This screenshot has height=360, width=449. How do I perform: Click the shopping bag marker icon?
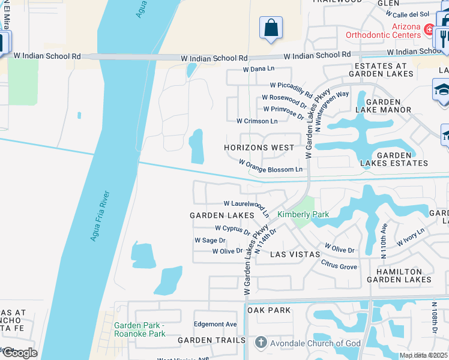click(x=271, y=28)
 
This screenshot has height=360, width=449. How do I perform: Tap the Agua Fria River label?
click(x=100, y=216)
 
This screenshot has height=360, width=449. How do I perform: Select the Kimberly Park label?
click(x=303, y=214)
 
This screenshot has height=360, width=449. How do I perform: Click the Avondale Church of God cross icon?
click(x=260, y=343)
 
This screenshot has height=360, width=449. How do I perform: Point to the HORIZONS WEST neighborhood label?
click(x=259, y=148)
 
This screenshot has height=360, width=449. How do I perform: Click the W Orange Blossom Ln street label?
click(x=271, y=166)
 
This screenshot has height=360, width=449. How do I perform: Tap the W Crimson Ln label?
click(x=257, y=121)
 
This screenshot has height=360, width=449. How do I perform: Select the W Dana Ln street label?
click(x=258, y=70)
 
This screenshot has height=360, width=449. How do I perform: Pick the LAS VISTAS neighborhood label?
click(x=295, y=254)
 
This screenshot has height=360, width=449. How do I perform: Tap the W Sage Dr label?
click(x=209, y=240)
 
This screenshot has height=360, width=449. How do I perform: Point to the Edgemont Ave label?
click(x=215, y=324)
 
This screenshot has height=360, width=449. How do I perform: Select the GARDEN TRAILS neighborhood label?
click(x=212, y=340)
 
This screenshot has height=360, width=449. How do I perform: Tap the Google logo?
click(x=20, y=352)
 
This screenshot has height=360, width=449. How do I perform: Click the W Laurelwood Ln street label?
click(x=246, y=206)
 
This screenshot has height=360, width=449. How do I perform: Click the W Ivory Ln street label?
click(x=411, y=236)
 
